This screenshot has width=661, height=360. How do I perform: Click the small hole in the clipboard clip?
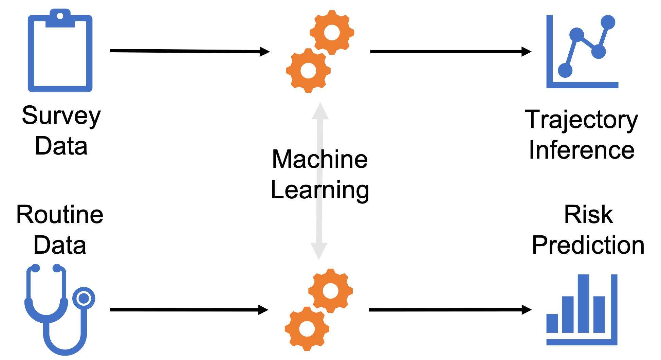pos(60,16)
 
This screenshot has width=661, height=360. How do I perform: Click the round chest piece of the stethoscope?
pos(84,299)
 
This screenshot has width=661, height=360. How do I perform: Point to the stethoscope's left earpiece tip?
pos(35,268)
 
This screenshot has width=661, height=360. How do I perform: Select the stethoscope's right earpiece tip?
pos(57,268)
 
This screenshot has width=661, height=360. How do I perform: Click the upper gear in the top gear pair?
pos(332,33)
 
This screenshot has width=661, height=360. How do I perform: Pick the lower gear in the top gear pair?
pos(308,71)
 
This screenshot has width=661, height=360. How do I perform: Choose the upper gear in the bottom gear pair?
pos(331,291)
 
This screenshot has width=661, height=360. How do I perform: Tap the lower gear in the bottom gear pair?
pos(307,329)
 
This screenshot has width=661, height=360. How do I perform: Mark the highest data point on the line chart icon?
pos(608,22)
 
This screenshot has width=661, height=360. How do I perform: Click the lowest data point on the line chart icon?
pos(565,71)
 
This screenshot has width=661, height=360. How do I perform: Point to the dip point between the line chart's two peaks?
pos(599,52)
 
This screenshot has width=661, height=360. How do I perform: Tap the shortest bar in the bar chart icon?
pos(552,323)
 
